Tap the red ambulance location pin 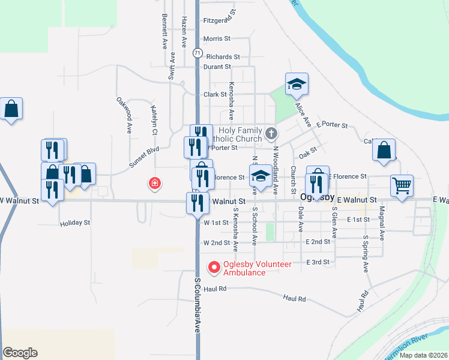pyautogui.click(x=213, y=268)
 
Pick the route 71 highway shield pyautogui.click(x=197, y=53)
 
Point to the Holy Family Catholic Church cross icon pyautogui.click(x=271, y=133)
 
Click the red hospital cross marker pyautogui.click(x=155, y=183)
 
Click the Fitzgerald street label pyautogui.click(x=217, y=20)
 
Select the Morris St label pyautogui.click(x=217, y=38)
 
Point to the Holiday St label pyautogui.click(x=74, y=223)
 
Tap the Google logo pyautogui.click(x=20, y=353)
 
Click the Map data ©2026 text pyautogui.click(x=423, y=355)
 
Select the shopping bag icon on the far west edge pyautogui.click(x=11, y=109)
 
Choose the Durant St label pyautogui.click(x=217, y=67)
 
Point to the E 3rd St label pyautogui.click(x=318, y=262)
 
